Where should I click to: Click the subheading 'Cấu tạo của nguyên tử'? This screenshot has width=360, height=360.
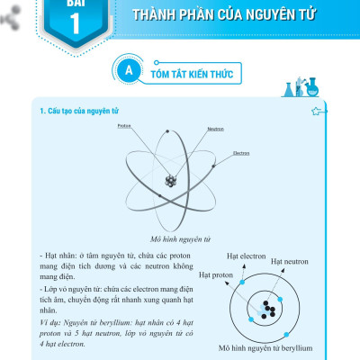[77, 112]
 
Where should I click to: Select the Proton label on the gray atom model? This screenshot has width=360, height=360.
[124, 126]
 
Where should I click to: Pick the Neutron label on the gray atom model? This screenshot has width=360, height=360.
[214, 129]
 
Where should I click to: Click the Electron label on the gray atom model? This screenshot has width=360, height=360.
[240, 153]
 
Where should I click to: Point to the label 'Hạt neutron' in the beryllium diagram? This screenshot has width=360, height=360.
[292, 266]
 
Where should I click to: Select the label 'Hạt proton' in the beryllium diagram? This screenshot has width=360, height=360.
[216, 274]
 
